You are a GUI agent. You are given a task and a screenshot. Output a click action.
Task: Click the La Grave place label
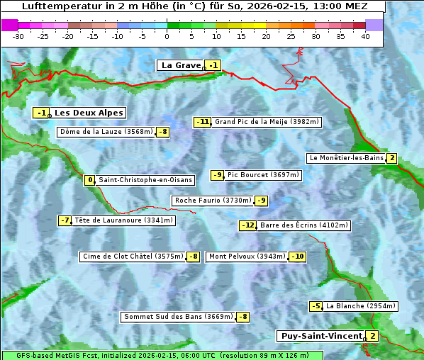[181, 65]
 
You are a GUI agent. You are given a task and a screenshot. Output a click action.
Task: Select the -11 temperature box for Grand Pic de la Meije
[203, 122]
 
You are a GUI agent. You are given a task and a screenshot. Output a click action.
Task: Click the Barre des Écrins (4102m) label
[304, 225]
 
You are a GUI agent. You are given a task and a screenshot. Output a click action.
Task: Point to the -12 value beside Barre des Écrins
[247, 225]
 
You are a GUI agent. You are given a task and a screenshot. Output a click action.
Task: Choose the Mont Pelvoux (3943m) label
[247, 257]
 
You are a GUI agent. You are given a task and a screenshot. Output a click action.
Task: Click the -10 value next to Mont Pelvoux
[297, 257]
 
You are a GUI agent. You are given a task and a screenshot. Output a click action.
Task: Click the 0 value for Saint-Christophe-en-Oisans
[89, 180]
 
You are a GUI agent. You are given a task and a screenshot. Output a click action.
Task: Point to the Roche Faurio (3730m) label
[213, 201]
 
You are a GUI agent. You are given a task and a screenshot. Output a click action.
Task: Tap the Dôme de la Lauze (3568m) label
[106, 132]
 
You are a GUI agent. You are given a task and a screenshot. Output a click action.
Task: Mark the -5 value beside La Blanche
[316, 306]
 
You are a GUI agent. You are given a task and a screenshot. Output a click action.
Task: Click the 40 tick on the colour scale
[365, 36]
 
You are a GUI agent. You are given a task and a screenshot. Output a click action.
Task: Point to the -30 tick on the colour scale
[18, 36]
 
